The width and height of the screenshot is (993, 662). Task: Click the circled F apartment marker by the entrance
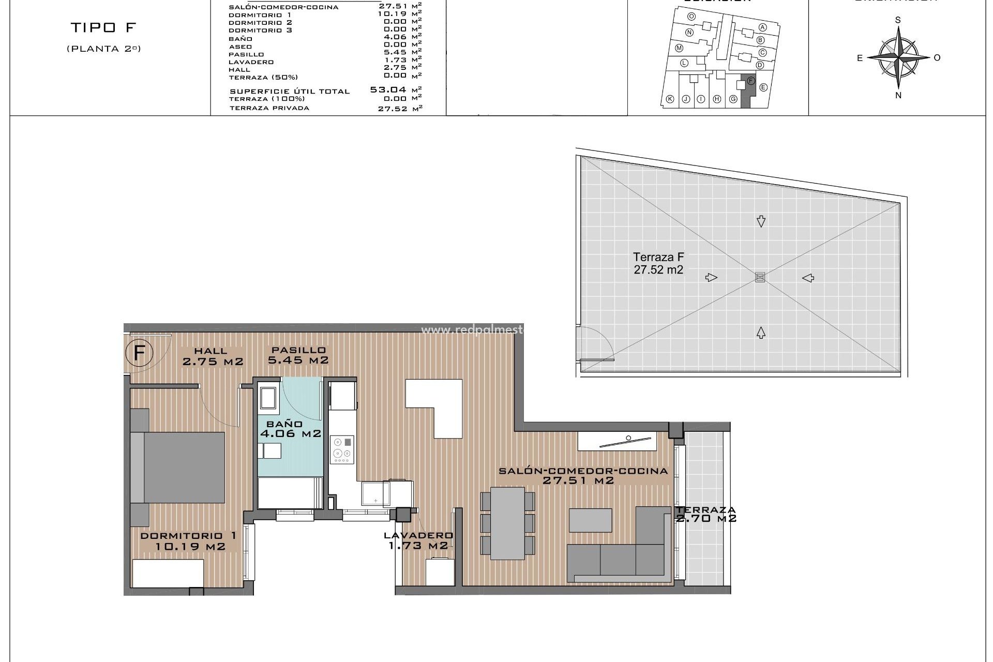coord(139,354)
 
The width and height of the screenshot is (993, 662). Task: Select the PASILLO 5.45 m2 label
coord(298,355)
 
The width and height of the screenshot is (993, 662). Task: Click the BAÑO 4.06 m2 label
coord(290,429)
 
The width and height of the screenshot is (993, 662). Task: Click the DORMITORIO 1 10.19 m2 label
coord(189,541)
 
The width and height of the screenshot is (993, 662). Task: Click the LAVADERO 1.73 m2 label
coord(418,540)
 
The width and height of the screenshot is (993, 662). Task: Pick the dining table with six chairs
coord(508,523)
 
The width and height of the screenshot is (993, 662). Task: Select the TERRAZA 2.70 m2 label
coord(705,514)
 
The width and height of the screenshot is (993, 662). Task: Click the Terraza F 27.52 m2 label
coord(658,263)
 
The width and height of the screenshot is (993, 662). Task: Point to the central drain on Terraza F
coord(760,277)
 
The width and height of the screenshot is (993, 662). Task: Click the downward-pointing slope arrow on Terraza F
coord(761,221)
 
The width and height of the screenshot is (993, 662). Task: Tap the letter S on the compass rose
coord(898,20)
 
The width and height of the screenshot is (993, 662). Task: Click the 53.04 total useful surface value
coord(387,89)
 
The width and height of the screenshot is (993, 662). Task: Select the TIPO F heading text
coord(103,27)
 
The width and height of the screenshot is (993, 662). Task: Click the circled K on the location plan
coord(670,99)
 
